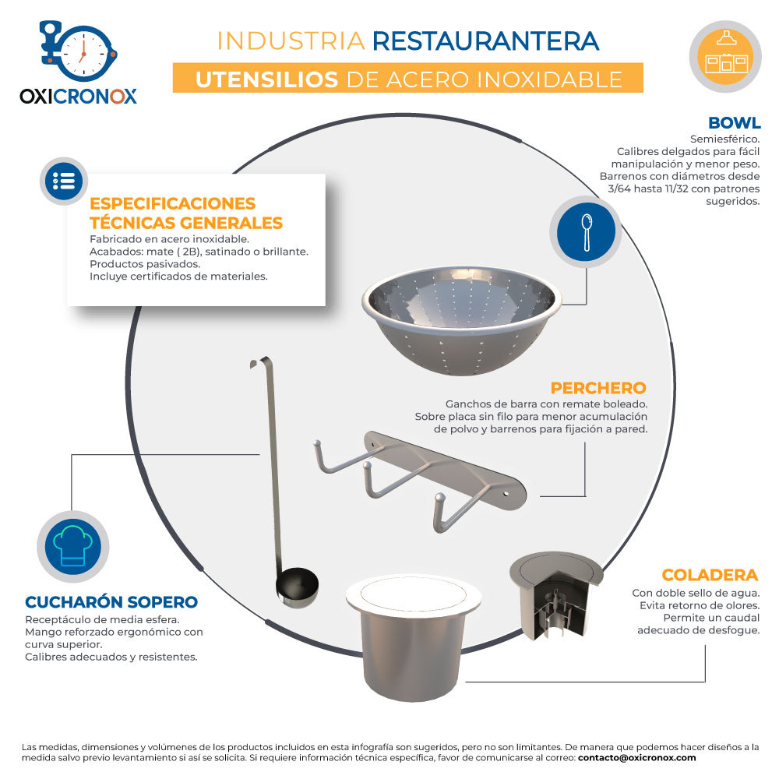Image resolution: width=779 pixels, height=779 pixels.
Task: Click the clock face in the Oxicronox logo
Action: pos(84,53)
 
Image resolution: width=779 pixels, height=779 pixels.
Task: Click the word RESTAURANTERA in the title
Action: pos(486,41)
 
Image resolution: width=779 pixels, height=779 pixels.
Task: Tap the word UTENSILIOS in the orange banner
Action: pos(266,79)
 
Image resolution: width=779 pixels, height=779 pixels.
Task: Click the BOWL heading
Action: pos(735,123)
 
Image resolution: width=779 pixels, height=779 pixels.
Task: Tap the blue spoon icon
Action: pos(586,232)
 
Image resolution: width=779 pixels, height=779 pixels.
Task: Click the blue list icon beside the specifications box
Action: pos(64,182)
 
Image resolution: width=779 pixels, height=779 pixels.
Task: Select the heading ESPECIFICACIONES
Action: pos(172,203)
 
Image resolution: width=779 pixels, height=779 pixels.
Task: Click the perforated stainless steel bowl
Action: pos(461,320)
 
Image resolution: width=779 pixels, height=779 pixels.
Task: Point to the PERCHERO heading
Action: pos(598,388)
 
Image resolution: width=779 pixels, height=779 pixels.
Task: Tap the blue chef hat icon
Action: pos(73,547)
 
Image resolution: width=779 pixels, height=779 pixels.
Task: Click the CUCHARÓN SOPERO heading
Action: pos(111,602)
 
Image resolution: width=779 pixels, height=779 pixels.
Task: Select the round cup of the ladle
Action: pos(297,587)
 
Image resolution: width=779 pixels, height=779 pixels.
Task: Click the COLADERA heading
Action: pos(710,575)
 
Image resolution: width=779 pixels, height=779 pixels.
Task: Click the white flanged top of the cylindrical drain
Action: pos(414,594)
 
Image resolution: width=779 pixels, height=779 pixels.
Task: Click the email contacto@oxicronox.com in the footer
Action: pos(637,758)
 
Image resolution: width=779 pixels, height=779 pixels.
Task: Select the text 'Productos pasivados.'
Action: pos(145,264)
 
